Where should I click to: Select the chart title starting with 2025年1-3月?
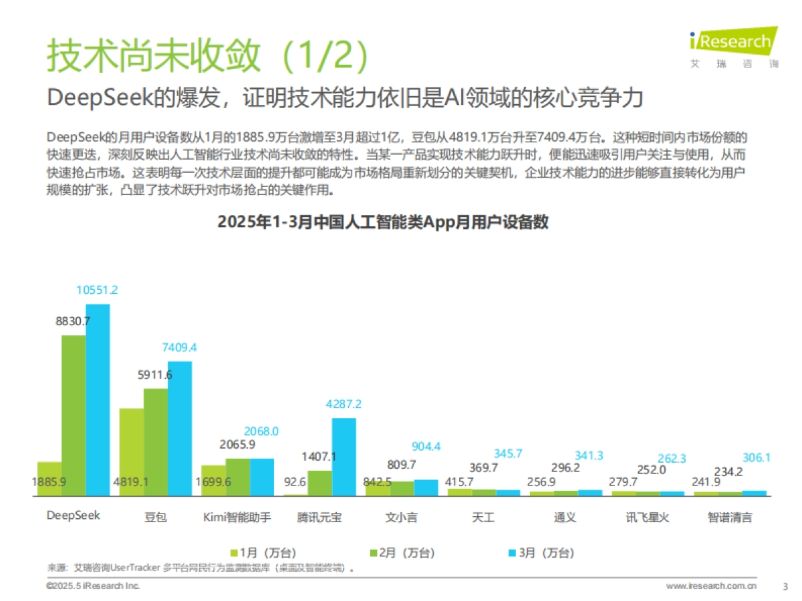click(x=383, y=222)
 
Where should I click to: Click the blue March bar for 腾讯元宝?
click(x=344, y=457)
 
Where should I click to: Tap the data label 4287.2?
click(x=344, y=404)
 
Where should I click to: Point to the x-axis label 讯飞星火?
click(x=647, y=518)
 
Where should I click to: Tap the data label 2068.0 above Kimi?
click(x=261, y=431)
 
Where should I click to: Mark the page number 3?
click(x=785, y=586)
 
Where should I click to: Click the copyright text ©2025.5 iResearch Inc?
click(x=93, y=586)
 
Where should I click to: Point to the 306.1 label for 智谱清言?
click(x=757, y=457)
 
